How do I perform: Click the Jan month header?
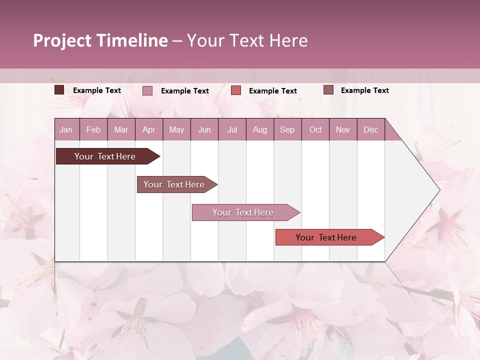coord(66,130)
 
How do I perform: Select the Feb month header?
coord(93,130)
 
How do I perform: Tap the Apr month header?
coord(148,130)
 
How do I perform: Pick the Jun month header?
coord(204,130)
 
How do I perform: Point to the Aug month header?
coord(260,130)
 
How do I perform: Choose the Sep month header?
coord(287,130)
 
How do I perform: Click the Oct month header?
coord(315,130)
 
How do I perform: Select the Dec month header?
coord(370,130)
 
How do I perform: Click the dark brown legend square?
coord(59,90)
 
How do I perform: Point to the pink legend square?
coord(147,90)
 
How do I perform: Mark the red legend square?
coord(236,90)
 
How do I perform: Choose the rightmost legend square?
coord(328,90)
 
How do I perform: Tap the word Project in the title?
coord(62,40)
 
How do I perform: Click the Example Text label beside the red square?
coord(272,91)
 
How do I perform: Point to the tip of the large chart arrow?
coord(439,190)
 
